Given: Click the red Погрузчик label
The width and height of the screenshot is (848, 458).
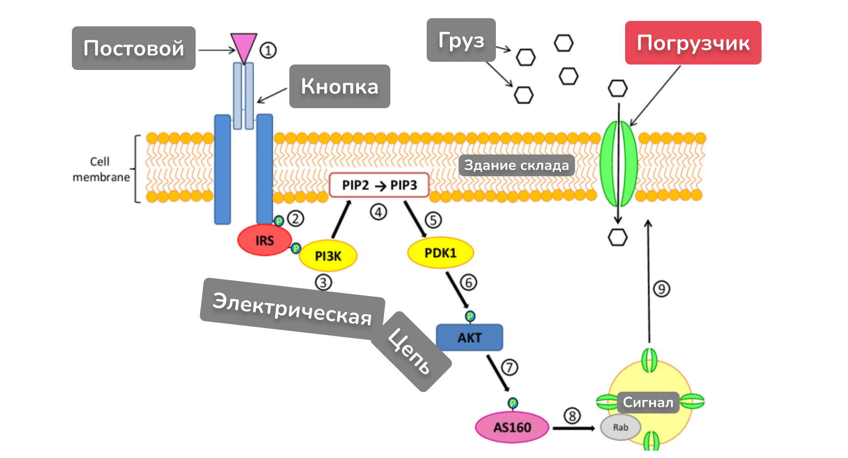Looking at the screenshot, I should [x=692, y=43].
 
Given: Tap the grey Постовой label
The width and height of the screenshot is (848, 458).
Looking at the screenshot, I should [x=133, y=48].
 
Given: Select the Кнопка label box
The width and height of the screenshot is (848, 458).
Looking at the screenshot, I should [x=339, y=86].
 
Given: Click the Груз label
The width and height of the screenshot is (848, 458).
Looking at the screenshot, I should [x=461, y=40].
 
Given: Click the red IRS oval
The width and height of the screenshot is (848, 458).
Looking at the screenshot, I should [x=264, y=239].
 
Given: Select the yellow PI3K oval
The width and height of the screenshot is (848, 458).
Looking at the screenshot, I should [x=328, y=256].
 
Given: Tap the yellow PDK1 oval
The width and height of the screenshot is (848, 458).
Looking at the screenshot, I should [x=440, y=253].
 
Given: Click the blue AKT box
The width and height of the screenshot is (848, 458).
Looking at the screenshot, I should [x=469, y=338].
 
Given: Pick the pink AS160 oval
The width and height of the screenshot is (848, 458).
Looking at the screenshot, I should [x=512, y=427].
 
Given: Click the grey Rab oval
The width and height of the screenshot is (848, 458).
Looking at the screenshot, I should [x=621, y=428].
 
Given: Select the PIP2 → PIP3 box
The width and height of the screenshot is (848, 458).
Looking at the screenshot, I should [x=379, y=185].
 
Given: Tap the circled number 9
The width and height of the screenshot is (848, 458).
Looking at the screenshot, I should [x=661, y=289].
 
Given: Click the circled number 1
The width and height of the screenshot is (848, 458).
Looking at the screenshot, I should [x=268, y=50].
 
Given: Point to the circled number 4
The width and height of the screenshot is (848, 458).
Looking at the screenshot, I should [x=378, y=212].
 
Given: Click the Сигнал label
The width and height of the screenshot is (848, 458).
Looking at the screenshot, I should [x=648, y=403].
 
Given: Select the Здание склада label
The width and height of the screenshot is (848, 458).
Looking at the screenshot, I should [x=516, y=165].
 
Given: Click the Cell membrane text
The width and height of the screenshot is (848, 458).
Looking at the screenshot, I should [x=101, y=169].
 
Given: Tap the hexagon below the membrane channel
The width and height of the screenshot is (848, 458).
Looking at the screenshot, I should [x=617, y=237].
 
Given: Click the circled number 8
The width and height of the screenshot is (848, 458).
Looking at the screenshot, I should [x=572, y=416].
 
